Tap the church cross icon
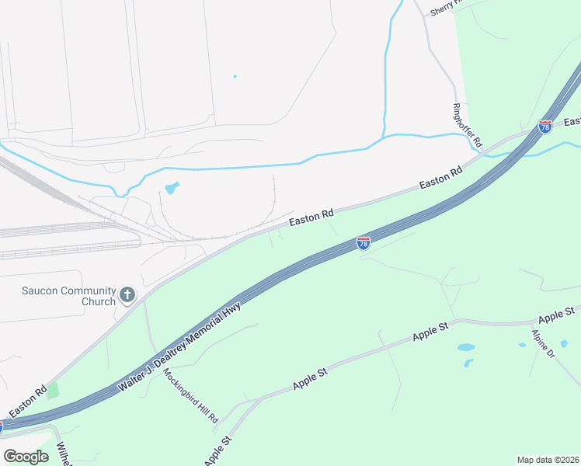tap(128, 296)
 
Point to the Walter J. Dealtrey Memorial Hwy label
tap(180, 346)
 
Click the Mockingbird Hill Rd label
tap(191, 394)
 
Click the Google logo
tap(26, 456)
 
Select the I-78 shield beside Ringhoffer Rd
tap(545, 125)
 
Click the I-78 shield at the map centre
tap(364, 243)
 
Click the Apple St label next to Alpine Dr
tap(556, 315)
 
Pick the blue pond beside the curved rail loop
tap(171, 188)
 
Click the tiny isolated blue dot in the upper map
tap(235, 76)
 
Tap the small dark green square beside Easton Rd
tap(52, 390)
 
